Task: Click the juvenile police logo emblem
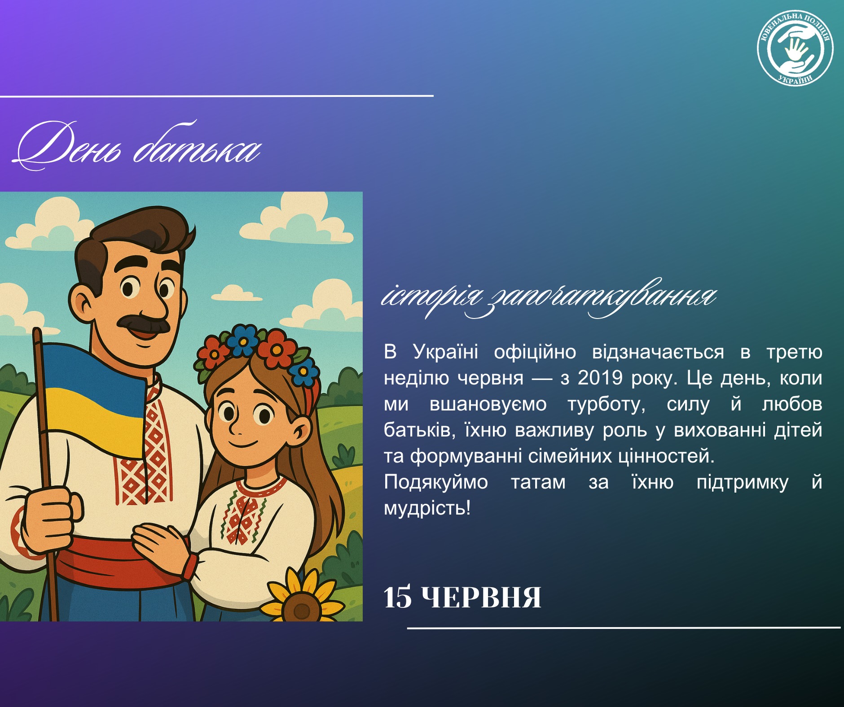pos(795,48)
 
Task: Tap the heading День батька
pos(137,146)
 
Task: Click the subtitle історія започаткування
pos(549,297)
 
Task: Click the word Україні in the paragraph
pos(445,352)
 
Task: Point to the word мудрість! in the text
pos(427,508)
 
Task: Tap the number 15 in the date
pos(397,598)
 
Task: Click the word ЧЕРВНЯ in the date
pos(482,598)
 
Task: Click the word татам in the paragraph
pos(538,483)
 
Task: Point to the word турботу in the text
pos(607,405)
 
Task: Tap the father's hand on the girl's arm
pos(159,543)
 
